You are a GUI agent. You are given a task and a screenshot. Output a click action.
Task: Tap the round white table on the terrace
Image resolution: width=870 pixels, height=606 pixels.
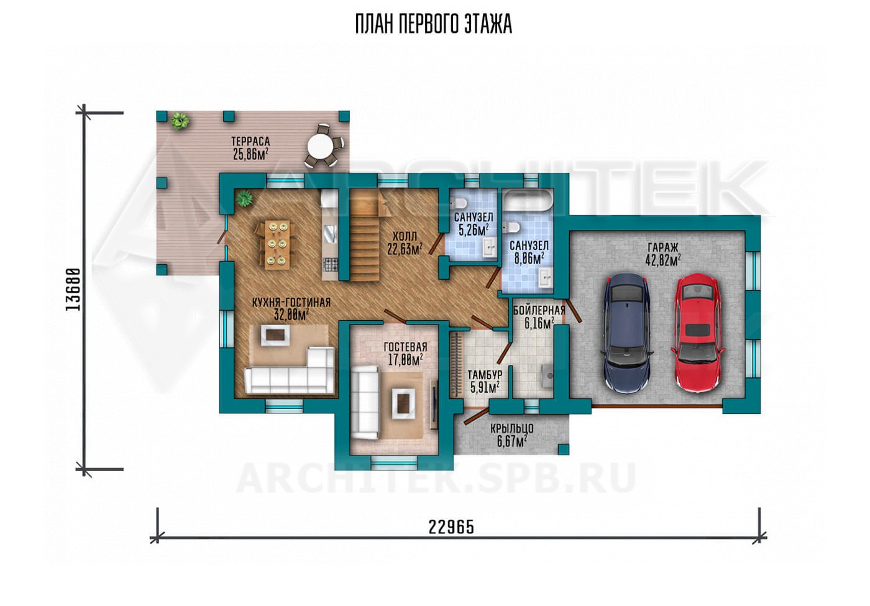coord(320,147)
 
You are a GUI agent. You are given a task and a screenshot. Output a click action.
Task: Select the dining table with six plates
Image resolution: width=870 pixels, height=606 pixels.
coord(277,245)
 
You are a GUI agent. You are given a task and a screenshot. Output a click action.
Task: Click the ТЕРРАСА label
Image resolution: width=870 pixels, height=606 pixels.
coord(250,141)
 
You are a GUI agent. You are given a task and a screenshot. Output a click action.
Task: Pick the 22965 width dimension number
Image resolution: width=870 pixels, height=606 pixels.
coord(451,527)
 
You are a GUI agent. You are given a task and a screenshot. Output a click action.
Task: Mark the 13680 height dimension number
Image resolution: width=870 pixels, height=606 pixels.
coord(73,289)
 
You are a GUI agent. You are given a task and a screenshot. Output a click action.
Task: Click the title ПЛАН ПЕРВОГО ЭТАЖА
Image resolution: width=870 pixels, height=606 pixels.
coord(434,24)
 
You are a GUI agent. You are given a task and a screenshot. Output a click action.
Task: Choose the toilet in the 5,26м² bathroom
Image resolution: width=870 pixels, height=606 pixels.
coord(458,203)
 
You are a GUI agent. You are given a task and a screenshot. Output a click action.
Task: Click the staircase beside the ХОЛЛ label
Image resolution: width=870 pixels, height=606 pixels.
coord(365,236)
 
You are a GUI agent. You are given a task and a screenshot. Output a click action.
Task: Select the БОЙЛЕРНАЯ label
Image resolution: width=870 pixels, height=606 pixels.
coord(539,310)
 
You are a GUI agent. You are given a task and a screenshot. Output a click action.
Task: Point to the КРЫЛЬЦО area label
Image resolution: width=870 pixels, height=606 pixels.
coord(511,428)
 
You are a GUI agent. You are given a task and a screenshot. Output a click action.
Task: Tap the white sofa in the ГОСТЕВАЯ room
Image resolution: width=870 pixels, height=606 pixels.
coord(365,402)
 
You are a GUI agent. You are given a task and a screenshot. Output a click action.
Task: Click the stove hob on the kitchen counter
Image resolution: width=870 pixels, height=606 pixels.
coord(330,265)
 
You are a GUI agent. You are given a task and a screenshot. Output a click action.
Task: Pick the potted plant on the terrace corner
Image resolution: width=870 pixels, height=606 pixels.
coord(180,121)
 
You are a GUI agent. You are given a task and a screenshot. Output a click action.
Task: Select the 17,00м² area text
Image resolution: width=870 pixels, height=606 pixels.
coord(405,359)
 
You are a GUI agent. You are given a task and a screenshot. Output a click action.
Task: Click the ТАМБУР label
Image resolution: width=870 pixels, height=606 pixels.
coord(485,375)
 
